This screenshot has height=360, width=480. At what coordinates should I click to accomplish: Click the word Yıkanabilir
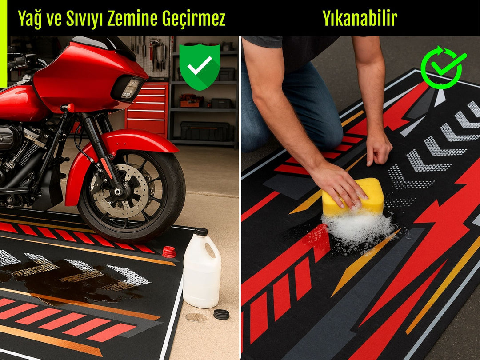[360, 18]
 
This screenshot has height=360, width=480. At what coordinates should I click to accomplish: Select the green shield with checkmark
[200, 67]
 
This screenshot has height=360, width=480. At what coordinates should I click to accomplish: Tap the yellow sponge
[353, 196]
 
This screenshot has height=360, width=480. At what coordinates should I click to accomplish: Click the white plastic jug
[202, 269]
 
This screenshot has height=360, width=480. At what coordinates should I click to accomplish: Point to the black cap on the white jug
[201, 232]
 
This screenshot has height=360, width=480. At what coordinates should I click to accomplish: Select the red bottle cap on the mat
[169, 252]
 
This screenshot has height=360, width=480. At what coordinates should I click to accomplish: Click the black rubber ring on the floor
[221, 314]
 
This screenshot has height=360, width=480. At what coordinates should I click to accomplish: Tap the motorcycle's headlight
[130, 88]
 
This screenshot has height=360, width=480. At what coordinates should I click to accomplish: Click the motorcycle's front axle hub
[117, 192]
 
